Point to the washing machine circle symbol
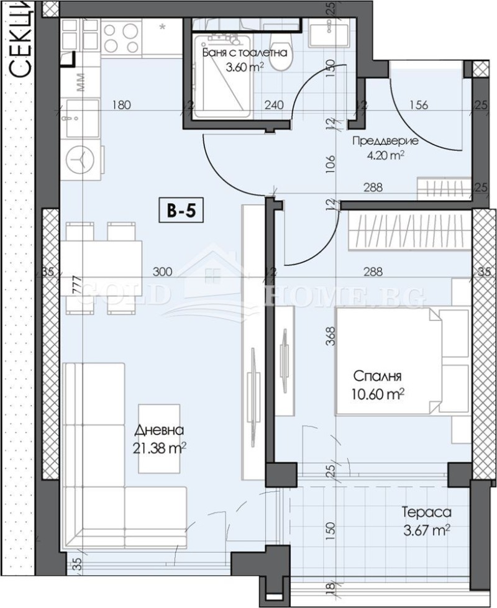[80, 160]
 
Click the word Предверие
[385, 141]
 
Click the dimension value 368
[331, 336]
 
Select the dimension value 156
[419, 105]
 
